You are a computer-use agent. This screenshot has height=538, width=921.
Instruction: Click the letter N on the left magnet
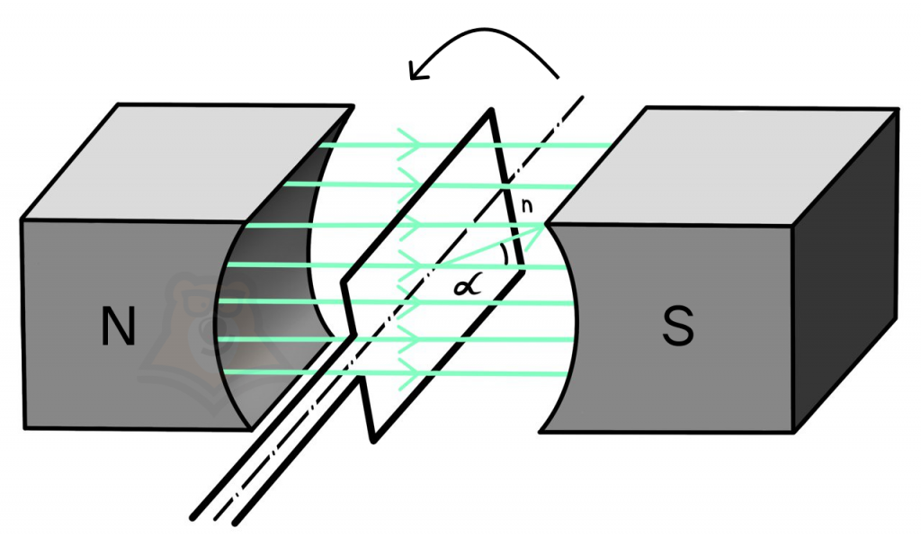[119, 325]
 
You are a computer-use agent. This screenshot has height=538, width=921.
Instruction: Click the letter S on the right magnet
[678, 326]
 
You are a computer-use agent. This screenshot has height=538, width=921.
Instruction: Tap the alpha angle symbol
[468, 286]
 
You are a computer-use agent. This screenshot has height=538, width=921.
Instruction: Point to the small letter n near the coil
[527, 205]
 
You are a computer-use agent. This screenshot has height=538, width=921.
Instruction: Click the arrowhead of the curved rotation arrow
[418, 69]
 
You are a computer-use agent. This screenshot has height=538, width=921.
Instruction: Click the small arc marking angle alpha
[505, 256]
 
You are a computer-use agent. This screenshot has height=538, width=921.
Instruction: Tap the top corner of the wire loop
[490, 111]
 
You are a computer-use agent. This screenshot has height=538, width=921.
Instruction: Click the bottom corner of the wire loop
[373, 439]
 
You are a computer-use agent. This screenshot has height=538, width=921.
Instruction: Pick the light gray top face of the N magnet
[188, 163]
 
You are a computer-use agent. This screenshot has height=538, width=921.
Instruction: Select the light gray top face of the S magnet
[722, 166]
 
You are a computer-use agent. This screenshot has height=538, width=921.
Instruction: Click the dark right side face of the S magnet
[845, 270]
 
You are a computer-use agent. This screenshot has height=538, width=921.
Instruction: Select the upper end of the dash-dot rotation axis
[583, 97]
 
